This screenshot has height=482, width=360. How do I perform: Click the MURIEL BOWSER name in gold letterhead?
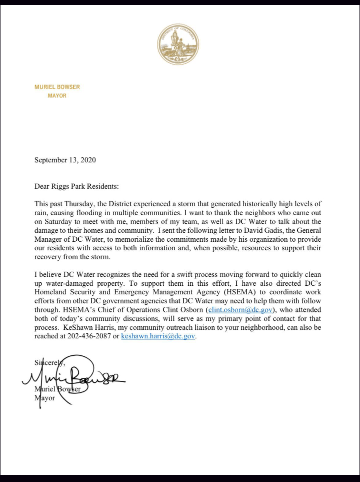(x=57, y=87)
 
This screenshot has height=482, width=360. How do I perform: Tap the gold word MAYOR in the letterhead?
(x=57, y=96)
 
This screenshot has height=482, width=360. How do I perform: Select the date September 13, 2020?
(x=64, y=160)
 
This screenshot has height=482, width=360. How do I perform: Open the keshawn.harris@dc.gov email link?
(x=157, y=336)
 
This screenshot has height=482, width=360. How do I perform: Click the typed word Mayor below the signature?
(x=44, y=398)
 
